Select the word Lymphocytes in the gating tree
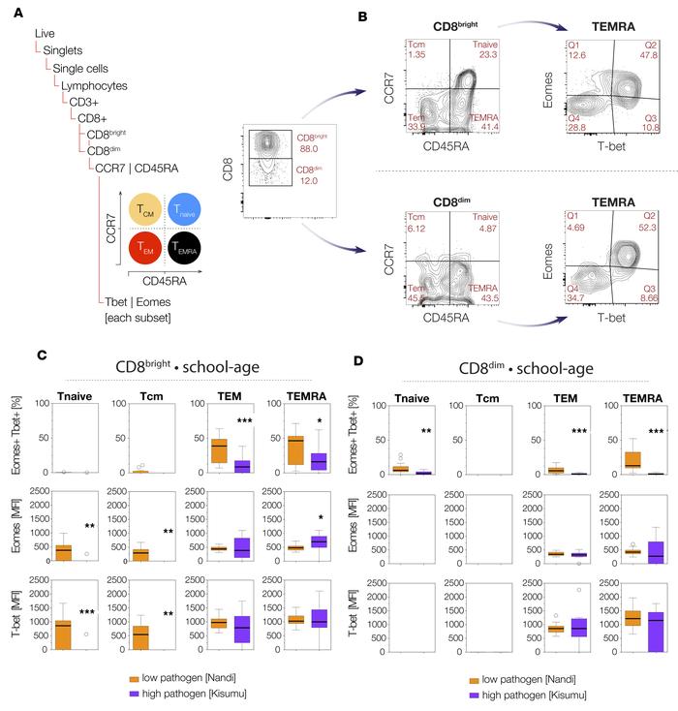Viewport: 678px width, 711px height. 80,85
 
